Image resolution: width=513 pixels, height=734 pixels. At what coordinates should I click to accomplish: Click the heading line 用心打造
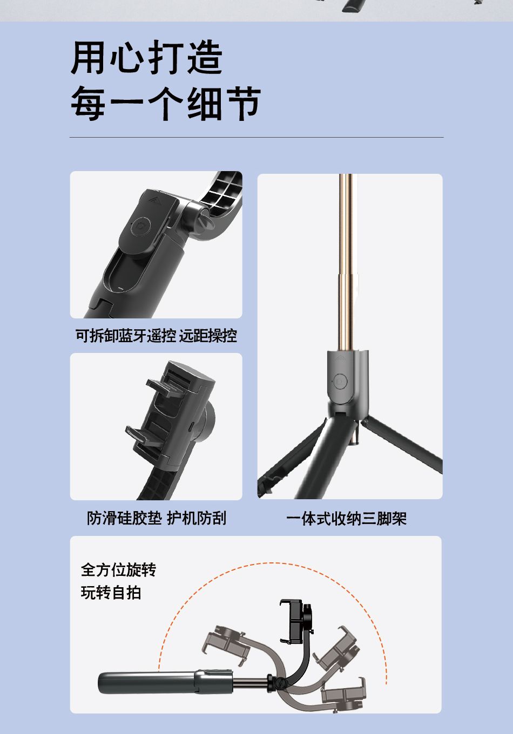(147, 58)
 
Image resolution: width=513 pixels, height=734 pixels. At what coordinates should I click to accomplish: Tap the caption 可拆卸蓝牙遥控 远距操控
(156, 336)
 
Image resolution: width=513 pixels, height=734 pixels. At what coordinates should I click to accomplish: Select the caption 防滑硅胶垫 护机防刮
(157, 518)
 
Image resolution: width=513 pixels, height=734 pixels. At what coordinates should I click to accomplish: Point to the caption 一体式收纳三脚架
(346, 519)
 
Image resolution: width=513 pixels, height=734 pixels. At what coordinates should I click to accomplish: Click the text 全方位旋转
(118, 569)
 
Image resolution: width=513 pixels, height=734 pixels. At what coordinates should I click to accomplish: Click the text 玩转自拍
(111, 593)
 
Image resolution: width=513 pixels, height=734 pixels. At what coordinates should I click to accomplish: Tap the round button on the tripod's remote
(341, 381)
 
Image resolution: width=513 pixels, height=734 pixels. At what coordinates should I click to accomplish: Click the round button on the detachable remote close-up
(141, 225)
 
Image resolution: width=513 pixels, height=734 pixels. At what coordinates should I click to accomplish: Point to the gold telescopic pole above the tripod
(346, 259)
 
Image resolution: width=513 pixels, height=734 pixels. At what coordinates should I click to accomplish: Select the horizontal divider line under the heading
(256, 138)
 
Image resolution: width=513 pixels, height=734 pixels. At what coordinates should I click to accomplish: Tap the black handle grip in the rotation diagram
(146, 683)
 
